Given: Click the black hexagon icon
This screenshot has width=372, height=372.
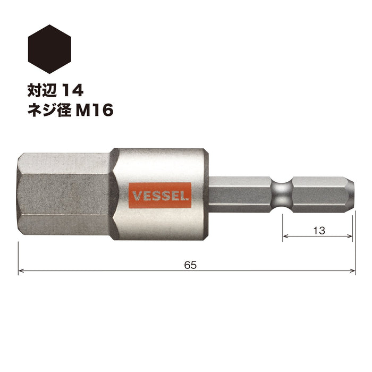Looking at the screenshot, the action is pyautogui.click(x=49, y=49).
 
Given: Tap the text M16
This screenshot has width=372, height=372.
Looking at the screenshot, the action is pyautogui.click(x=95, y=111).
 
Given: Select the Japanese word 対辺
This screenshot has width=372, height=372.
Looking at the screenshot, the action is pyautogui.click(x=42, y=90).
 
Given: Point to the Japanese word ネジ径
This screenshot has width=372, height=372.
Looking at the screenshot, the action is pyautogui.click(x=49, y=111).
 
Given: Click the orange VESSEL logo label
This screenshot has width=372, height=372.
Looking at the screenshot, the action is pyautogui.click(x=159, y=196).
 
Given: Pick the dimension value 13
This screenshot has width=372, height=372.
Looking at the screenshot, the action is pyautogui.click(x=319, y=230).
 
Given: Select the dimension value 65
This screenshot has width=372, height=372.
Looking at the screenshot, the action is pyautogui.click(x=190, y=265).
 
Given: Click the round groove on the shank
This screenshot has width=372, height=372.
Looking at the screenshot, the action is pyautogui.click(x=282, y=194).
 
